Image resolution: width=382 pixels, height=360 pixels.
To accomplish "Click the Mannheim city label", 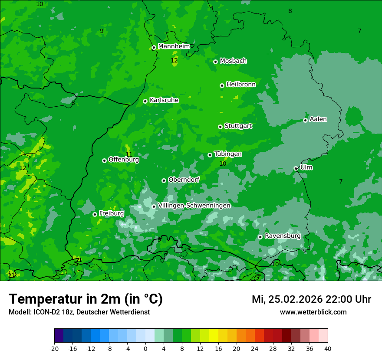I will pyautogui.click(x=174, y=46).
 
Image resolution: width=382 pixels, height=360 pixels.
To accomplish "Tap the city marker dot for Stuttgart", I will pyautogui.click(x=220, y=127).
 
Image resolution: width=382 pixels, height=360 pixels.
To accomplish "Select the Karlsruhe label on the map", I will pyautogui.click(x=164, y=100).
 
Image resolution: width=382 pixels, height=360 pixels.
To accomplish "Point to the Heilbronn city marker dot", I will pyautogui.click(x=222, y=85).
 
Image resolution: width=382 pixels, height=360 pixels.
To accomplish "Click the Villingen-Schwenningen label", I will pyautogui.click(x=194, y=206).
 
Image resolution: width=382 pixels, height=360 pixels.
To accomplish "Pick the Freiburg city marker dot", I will pyautogui.click(x=95, y=214).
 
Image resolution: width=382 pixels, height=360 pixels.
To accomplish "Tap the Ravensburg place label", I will pyautogui.click(x=282, y=236).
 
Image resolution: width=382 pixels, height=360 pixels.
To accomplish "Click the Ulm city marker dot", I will pyautogui.click(x=296, y=168).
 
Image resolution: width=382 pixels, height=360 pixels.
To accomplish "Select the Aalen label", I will pyautogui.click(x=318, y=119).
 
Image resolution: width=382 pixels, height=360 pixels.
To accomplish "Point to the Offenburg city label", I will pyautogui.click(x=123, y=160).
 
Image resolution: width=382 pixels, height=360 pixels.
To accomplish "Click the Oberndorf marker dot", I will pyautogui.click(x=164, y=180).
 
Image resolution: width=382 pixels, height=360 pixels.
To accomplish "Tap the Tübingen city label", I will pyautogui.click(x=227, y=154).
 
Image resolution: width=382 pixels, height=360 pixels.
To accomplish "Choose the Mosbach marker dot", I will pyautogui.click(x=215, y=62).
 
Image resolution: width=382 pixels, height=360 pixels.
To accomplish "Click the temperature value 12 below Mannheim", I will pyautogui.click(x=174, y=61).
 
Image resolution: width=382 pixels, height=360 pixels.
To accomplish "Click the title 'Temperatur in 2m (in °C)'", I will pyautogui.click(x=86, y=299).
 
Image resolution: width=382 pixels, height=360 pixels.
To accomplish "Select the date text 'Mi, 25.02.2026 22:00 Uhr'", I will pyautogui.click(x=311, y=299).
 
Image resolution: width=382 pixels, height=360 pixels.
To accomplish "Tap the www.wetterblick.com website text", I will pyautogui.click(x=313, y=312).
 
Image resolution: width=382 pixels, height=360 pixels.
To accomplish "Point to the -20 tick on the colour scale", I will pyautogui.click(x=54, y=348).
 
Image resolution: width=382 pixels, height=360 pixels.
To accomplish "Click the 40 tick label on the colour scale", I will pyautogui.click(x=328, y=348).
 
